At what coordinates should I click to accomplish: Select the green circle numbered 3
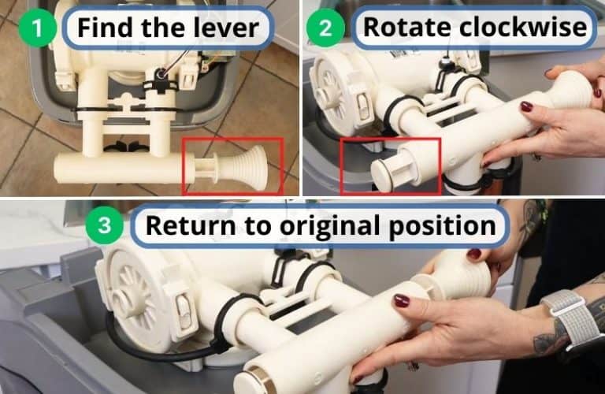(106, 227)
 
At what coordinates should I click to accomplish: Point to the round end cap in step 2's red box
(384, 169)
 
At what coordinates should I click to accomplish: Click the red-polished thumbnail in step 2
(526, 106)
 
